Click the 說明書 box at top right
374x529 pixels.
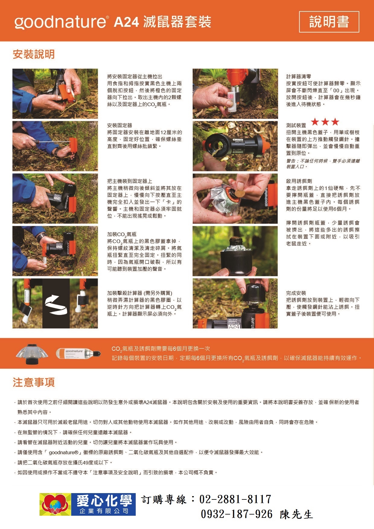click(x=329, y=22)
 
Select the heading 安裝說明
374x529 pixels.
click(x=34, y=54)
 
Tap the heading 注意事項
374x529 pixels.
click(x=34, y=382)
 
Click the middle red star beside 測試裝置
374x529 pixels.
click(x=325, y=122)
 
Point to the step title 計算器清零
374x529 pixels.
click(x=299, y=77)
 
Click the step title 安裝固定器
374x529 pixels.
click(x=120, y=125)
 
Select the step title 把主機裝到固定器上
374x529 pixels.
click(x=130, y=181)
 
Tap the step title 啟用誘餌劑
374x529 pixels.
click(x=299, y=181)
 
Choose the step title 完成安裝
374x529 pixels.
click(x=296, y=293)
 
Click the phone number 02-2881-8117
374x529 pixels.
click(x=235, y=499)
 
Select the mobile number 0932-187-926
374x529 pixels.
click(x=237, y=514)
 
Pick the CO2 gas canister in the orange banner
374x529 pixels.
click(x=78, y=353)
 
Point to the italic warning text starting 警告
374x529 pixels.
click(x=323, y=164)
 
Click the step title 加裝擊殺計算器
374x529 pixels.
click(x=140, y=293)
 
